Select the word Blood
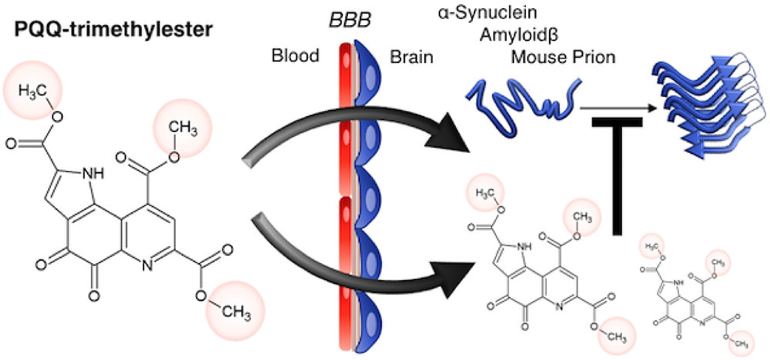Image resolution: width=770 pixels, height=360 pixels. coord(296,56)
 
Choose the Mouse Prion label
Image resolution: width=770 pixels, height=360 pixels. coord(562,56)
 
